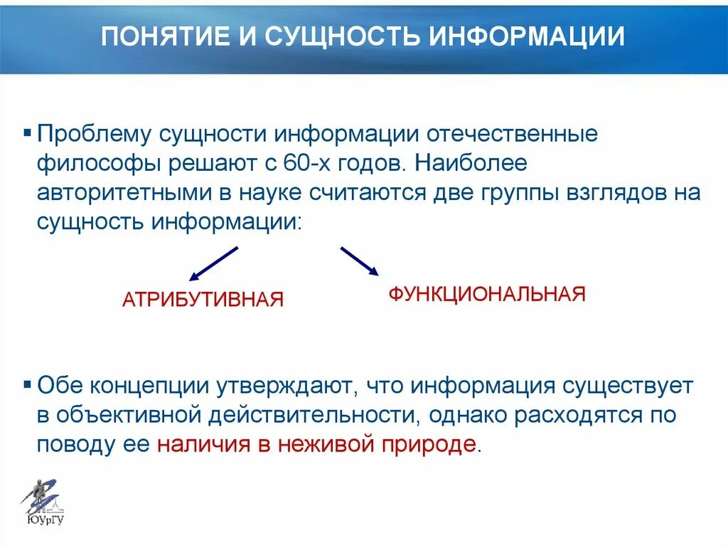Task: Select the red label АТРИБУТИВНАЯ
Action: [203, 300]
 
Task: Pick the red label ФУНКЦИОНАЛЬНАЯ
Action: [486, 294]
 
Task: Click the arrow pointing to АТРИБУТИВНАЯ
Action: [213, 263]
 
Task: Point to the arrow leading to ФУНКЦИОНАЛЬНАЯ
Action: [359, 261]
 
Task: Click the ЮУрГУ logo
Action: [45, 502]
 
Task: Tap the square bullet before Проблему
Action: [28, 133]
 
